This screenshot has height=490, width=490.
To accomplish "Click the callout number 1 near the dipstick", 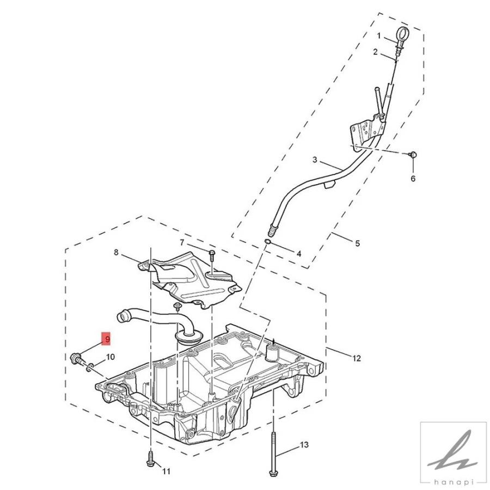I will pyautogui.click(x=379, y=35).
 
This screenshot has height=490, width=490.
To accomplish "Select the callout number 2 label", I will pyautogui.click(x=375, y=52).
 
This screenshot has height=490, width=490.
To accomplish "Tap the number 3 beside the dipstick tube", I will pyautogui.click(x=315, y=160).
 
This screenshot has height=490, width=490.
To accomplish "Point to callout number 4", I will pyautogui.click(x=298, y=253).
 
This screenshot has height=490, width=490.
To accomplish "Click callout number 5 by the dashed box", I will pyautogui.click(x=357, y=243).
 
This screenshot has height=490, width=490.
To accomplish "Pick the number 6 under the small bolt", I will pyautogui.click(x=413, y=179).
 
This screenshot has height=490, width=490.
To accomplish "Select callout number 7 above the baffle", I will pyautogui.click(x=182, y=242).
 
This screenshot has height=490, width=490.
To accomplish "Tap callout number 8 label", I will pyautogui.click(x=116, y=252).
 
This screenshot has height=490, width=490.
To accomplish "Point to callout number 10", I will pyautogui.click(x=111, y=357).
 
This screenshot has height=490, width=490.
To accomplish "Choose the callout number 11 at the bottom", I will pyautogui.click(x=167, y=471).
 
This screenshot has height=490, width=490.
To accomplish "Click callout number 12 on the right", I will pyautogui.click(x=357, y=358).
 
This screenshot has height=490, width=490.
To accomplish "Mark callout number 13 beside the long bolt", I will pyautogui.click(x=304, y=445).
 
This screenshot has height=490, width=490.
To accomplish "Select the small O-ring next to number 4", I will pyautogui.click(x=268, y=241).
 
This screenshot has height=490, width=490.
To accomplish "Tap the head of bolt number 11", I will pyautogui.click(x=150, y=463).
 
